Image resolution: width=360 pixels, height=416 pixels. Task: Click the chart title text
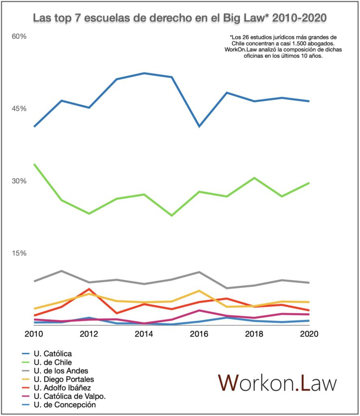point(180,18)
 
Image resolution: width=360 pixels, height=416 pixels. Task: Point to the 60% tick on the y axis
point(19,36)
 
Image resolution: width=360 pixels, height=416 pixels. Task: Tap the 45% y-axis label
point(19,108)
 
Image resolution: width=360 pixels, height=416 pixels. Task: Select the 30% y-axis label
point(19,181)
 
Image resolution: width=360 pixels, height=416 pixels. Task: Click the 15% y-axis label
point(19,253)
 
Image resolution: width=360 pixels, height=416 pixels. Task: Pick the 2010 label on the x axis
point(34,334)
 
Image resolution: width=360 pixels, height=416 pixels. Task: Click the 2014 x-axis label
point(144,334)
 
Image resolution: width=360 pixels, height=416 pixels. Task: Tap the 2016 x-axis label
point(199,334)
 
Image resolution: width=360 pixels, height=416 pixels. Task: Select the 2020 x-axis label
point(309,334)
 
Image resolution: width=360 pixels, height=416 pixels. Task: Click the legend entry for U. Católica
point(47,354)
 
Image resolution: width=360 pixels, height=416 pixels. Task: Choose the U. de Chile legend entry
point(47,362)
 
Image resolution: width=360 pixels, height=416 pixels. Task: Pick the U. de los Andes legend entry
point(55,370)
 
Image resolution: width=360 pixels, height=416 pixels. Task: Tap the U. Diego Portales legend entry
point(58,379)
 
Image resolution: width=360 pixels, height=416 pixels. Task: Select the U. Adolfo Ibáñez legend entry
point(56,388)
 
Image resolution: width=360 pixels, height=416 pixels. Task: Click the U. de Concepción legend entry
point(59,405)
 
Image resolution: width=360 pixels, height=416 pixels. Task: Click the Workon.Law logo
point(277,383)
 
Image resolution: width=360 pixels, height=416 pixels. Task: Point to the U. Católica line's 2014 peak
point(144,73)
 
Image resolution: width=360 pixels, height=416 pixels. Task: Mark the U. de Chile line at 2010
point(34,165)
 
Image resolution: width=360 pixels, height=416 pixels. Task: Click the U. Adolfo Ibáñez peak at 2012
point(89,289)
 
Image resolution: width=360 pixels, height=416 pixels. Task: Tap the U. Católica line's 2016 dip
point(199,126)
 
